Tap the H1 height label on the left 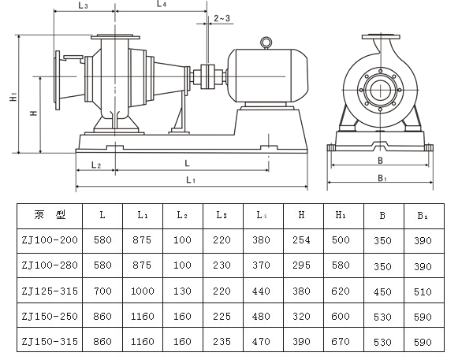click(13, 97)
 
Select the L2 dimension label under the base click(95, 165)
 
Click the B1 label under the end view click(382, 179)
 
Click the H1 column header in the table click(341, 214)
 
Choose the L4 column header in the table click(261, 214)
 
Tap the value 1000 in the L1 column click(143, 291)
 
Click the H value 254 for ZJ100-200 click(301, 239)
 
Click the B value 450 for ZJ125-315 click(382, 291)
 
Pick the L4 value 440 click(261, 291)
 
